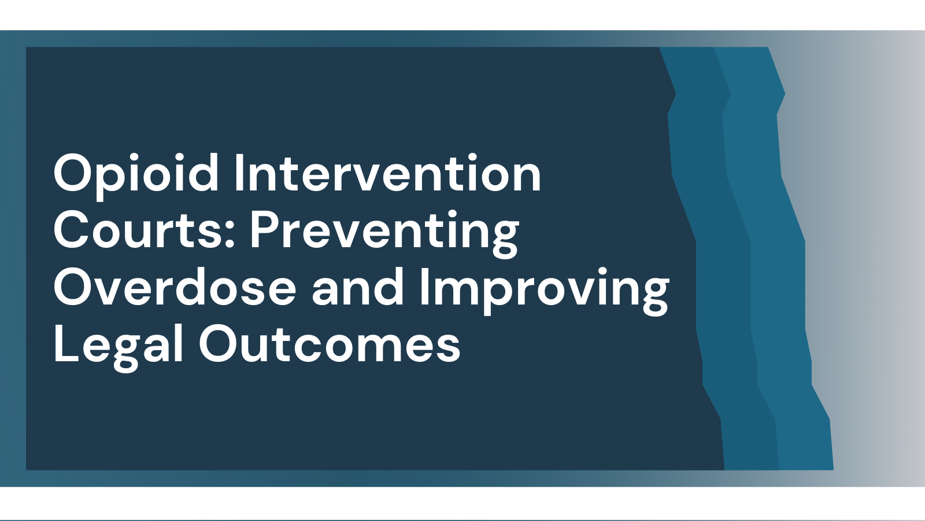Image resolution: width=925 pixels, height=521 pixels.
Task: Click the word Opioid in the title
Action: [136, 176]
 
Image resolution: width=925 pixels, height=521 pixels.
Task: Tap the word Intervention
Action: [388, 173]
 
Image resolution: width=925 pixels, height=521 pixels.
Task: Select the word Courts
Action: [139, 229]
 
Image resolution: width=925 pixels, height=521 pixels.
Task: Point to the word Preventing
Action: [384, 234]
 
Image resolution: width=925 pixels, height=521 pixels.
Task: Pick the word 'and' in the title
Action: [358, 287]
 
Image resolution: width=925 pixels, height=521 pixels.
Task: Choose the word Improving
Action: [544, 291]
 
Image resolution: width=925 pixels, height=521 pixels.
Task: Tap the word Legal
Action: [118, 348]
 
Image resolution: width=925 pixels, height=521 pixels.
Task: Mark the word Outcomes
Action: [330, 344]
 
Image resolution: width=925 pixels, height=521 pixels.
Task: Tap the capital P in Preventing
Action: [264, 230]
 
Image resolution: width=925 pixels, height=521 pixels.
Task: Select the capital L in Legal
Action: [66, 344]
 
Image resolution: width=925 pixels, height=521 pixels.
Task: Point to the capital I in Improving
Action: [423, 287]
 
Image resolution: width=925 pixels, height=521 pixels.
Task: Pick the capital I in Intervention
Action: [238, 173]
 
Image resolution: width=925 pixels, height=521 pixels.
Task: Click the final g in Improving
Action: [656, 296]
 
